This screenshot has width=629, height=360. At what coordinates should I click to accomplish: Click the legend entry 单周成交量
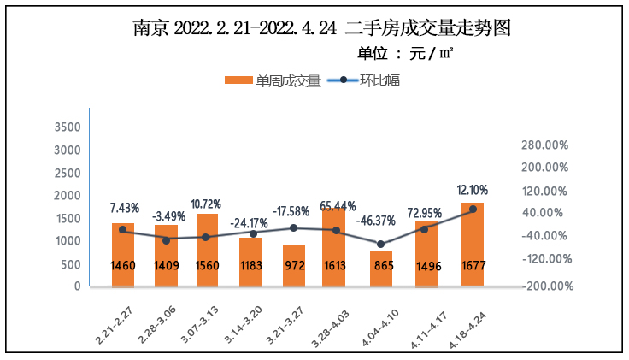(273, 80)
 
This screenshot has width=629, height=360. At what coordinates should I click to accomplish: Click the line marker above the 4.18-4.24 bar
(473, 210)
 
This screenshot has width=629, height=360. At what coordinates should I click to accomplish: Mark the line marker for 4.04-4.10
(381, 245)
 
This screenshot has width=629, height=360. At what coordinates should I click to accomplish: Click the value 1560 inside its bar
(207, 265)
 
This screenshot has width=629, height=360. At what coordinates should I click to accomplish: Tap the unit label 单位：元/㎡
(405, 54)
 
